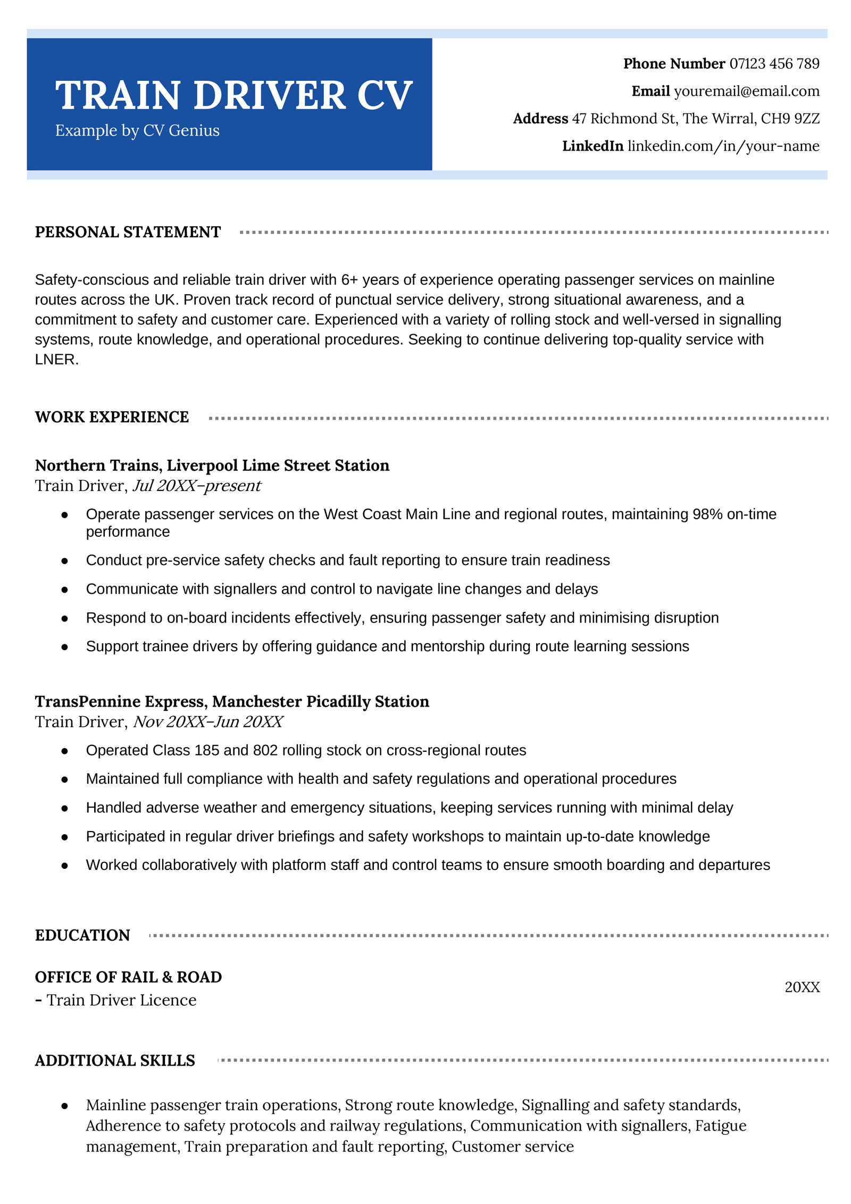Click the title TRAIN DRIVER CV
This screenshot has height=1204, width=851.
233,96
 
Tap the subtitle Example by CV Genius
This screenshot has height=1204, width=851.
137,131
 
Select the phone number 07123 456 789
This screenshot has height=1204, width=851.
774,64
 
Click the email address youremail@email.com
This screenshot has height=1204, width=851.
746,92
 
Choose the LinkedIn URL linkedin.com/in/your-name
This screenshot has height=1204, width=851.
723,146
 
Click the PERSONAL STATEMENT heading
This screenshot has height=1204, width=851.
128,233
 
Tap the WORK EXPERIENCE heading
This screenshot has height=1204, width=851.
112,418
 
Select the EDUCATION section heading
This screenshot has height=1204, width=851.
82,935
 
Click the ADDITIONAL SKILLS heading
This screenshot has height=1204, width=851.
115,1061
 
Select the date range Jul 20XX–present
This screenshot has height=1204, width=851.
196,486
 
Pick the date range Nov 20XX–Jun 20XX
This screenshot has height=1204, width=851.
207,723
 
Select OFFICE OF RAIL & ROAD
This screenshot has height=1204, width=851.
128,977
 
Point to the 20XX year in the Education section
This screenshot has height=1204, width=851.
802,987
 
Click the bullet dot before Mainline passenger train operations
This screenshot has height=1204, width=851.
65,1106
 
